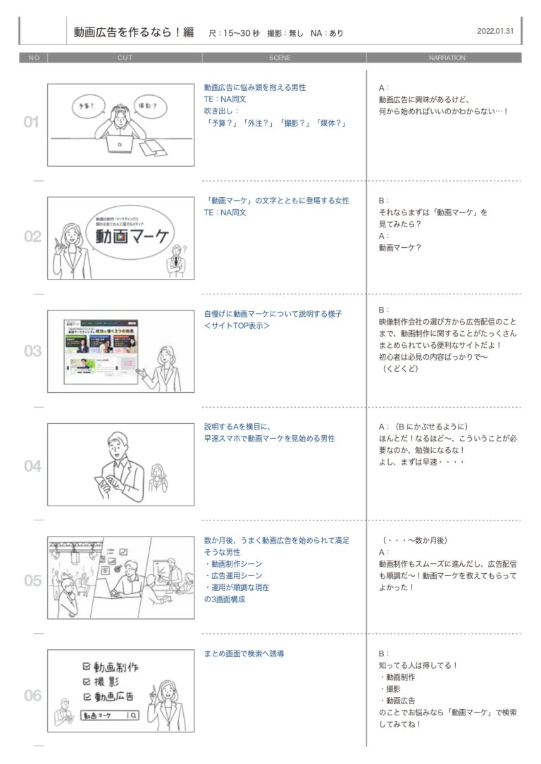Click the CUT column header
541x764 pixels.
125,58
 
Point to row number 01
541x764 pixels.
32,123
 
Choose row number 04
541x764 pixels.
32,466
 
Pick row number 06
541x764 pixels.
33,696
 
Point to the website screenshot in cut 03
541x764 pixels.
101,350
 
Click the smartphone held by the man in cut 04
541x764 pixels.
101,484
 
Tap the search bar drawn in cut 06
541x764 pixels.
109,716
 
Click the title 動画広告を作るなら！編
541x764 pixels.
134,32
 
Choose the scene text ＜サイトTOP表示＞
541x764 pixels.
237,326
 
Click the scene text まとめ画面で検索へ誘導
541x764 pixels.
244,653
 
